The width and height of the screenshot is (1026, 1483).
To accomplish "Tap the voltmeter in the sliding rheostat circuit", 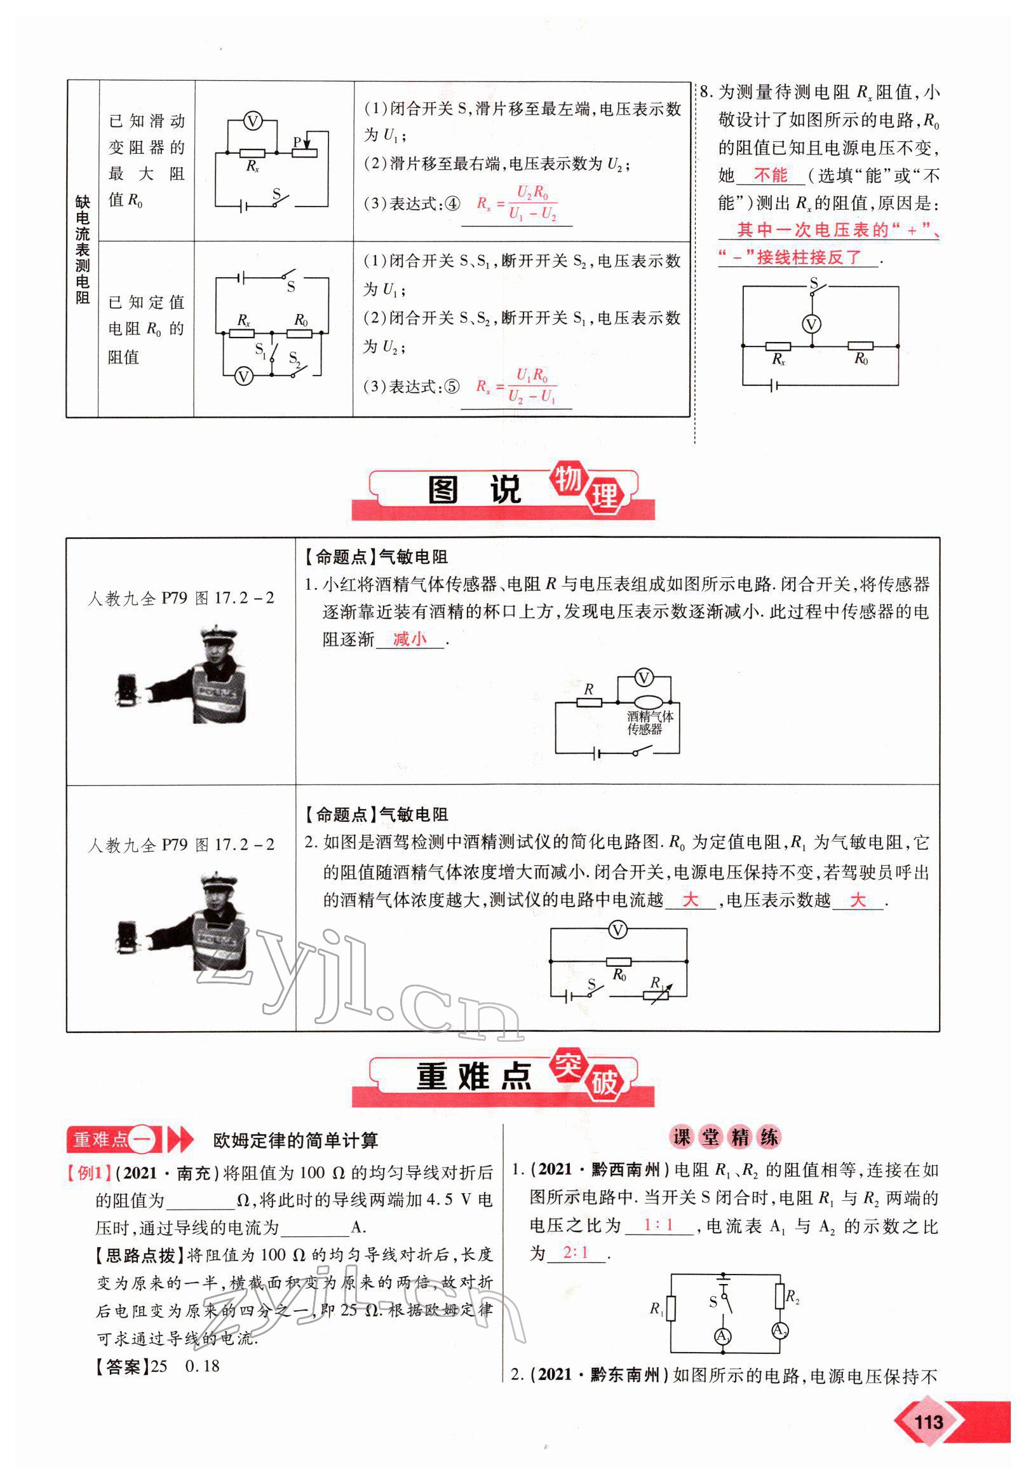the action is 253,121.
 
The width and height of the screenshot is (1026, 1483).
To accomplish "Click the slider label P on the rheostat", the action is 297,142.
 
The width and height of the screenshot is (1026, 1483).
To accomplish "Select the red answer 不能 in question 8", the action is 771,175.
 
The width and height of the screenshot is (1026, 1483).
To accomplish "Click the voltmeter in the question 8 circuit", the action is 812,324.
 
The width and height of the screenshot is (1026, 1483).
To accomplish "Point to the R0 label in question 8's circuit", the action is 861,359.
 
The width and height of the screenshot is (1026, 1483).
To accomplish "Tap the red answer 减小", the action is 410,639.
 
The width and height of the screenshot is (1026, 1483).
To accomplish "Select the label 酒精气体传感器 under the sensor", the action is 650,722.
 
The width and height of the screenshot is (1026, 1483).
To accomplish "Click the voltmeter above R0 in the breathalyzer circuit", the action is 617,929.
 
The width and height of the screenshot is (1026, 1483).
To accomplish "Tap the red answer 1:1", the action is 658,1225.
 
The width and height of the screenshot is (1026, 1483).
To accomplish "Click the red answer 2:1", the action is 576,1253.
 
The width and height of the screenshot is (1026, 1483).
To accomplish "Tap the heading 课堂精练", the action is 725,1138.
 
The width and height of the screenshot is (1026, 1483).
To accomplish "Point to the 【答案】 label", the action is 122,1367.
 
